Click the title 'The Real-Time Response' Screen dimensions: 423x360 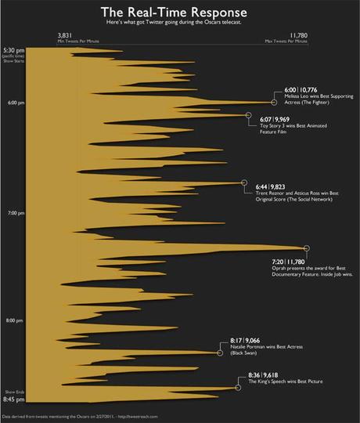[x=181, y=13]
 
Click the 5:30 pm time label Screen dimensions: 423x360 [x=13, y=50]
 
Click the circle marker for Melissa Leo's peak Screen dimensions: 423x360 [x=274, y=102]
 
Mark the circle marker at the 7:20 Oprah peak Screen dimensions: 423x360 [x=307, y=248]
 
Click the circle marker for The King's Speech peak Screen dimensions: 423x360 [x=238, y=387]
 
